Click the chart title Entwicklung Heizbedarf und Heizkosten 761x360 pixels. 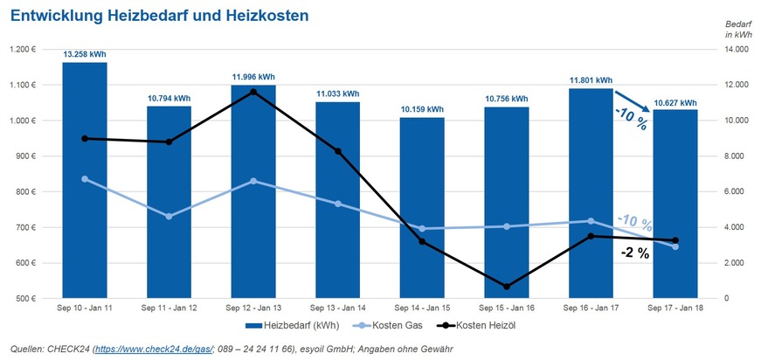(x=158, y=16)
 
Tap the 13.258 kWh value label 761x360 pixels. (x=85, y=55)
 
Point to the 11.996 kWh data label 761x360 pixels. (x=253, y=77)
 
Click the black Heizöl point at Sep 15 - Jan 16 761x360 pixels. (x=508, y=287)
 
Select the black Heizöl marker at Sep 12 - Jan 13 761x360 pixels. (x=253, y=92)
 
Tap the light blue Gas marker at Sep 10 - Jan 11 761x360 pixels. (x=85, y=179)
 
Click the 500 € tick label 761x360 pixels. (x=22, y=299)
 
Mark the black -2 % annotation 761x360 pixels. (x=634, y=253)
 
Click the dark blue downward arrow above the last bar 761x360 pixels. (x=633, y=101)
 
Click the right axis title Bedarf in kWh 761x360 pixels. (x=738, y=28)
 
